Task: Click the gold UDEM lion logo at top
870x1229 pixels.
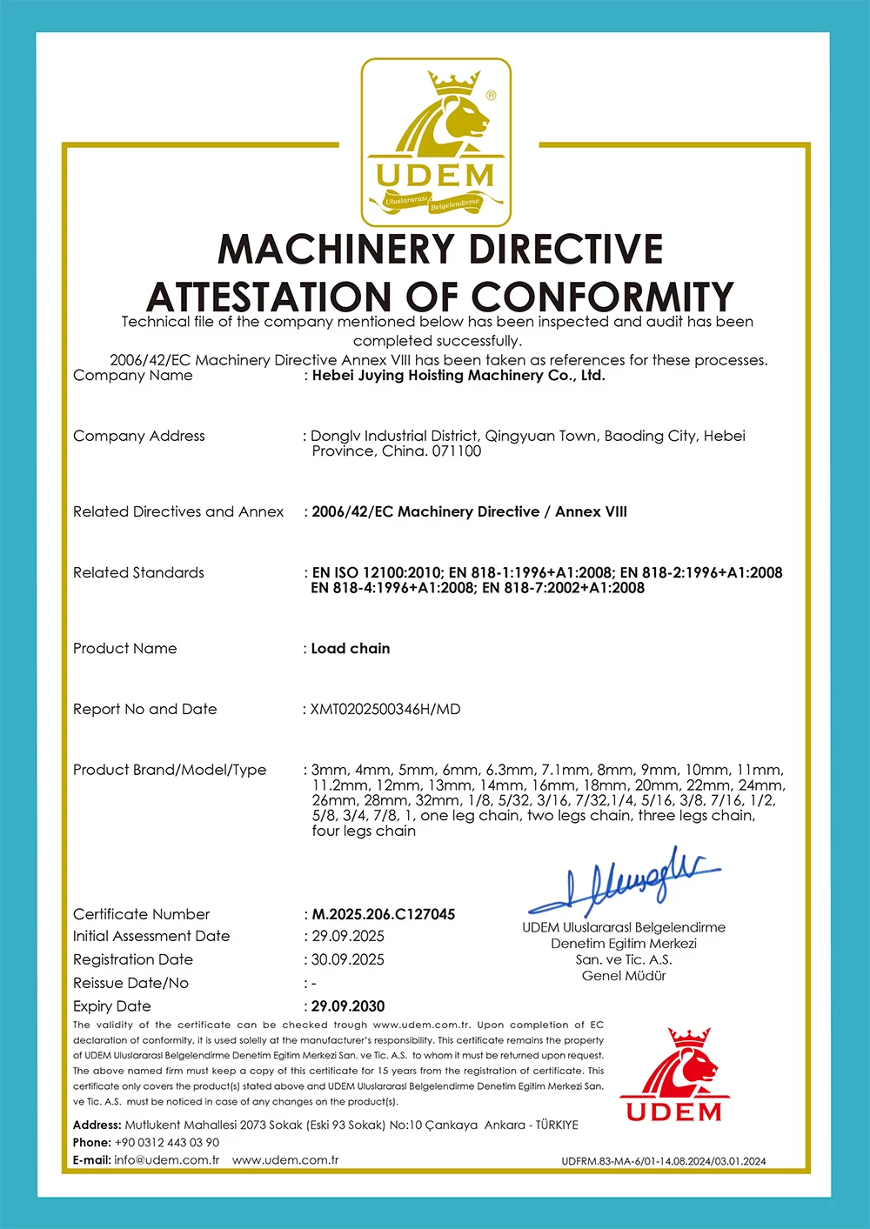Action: (x=436, y=142)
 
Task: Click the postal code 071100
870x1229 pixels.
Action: (x=457, y=451)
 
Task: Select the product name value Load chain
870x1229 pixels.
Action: (x=351, y=649)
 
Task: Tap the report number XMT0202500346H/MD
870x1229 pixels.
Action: (x=385, y=710)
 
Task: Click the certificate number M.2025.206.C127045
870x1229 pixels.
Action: (x=384, y=914)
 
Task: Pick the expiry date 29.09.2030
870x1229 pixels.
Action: (x=348, y=1006)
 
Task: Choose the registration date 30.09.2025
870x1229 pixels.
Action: (x=348, y=960)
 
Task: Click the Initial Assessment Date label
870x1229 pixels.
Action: (x=151, y=937)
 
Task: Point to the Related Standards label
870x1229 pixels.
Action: (x=138, y=573)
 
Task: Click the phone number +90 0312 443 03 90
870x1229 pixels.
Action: (x=167, y=1143)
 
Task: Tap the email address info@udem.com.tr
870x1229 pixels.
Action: (x=167, y=1160)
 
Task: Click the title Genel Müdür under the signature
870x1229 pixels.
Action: (x=624, y=976)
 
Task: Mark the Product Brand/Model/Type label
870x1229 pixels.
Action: (x=170, y=770)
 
